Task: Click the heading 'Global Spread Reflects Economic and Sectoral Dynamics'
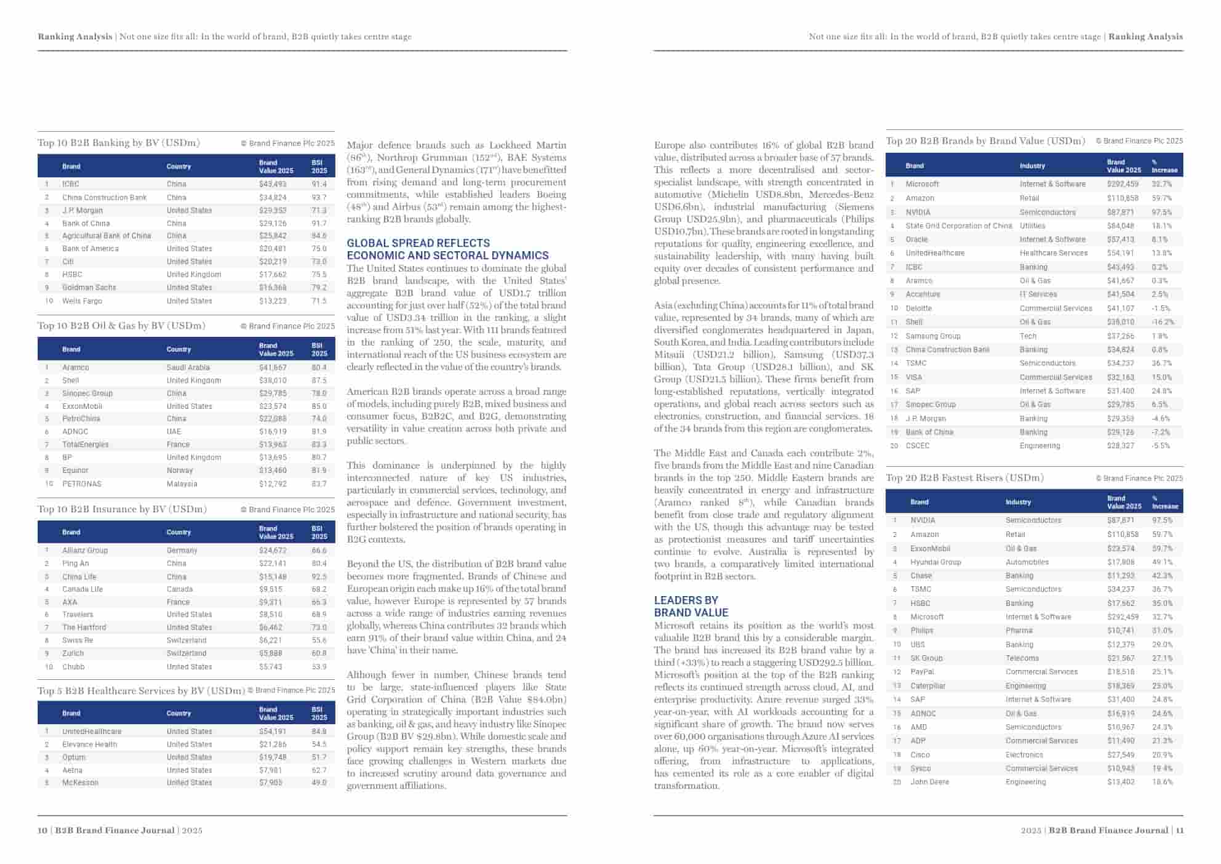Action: coord(447,249)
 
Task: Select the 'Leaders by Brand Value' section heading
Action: coord(691,607)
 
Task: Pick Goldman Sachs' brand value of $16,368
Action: coord(273,288)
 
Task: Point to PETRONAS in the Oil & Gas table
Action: coord(81,484)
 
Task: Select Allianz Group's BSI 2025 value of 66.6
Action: coord(319,551)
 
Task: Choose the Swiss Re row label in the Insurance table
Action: coord(78,640)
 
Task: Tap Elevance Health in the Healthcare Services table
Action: coord(89,745)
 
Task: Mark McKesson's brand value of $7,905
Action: coord(271,783)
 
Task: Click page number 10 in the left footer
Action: coord(42,830)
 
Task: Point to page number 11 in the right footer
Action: coord(1179,830)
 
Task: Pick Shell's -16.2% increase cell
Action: coord(1163,322)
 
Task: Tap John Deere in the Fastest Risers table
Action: coord(929,782)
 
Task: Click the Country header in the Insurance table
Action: coord(178,532)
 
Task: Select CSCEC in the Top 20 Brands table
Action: coord(917,446)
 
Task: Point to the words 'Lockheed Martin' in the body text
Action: coord(527,145)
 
